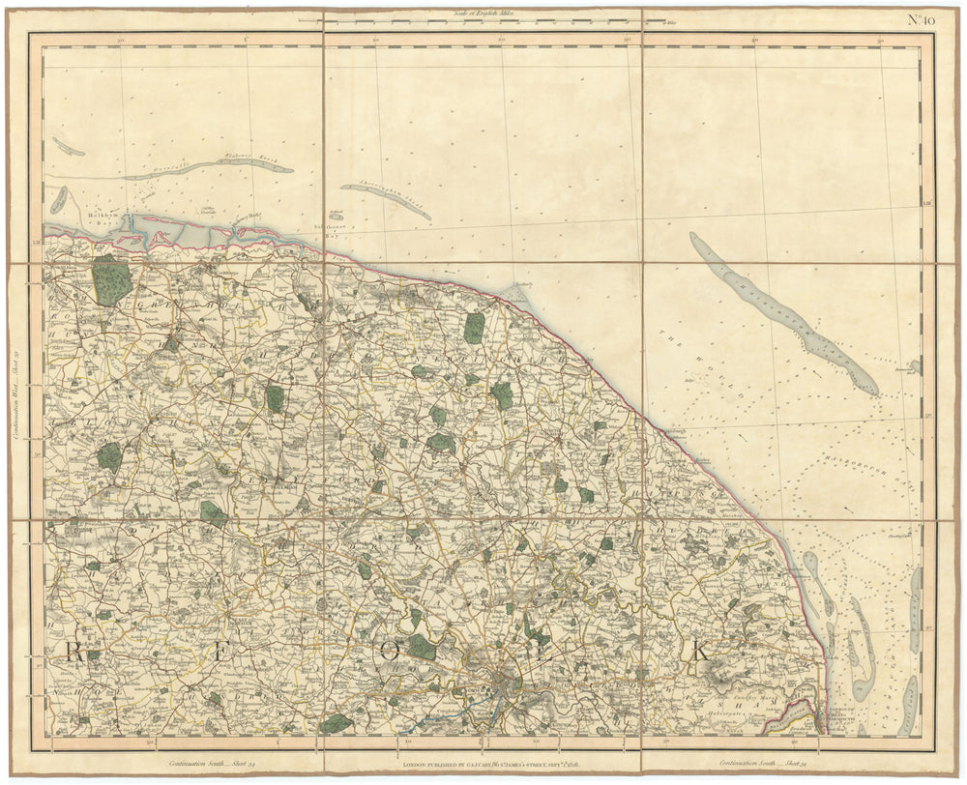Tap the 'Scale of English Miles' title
pyautogui.click(x=481, y=13)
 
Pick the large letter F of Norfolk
pyautogui.click(x=224, y=652)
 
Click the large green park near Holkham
pyautogui.click(x=111, y=279)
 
